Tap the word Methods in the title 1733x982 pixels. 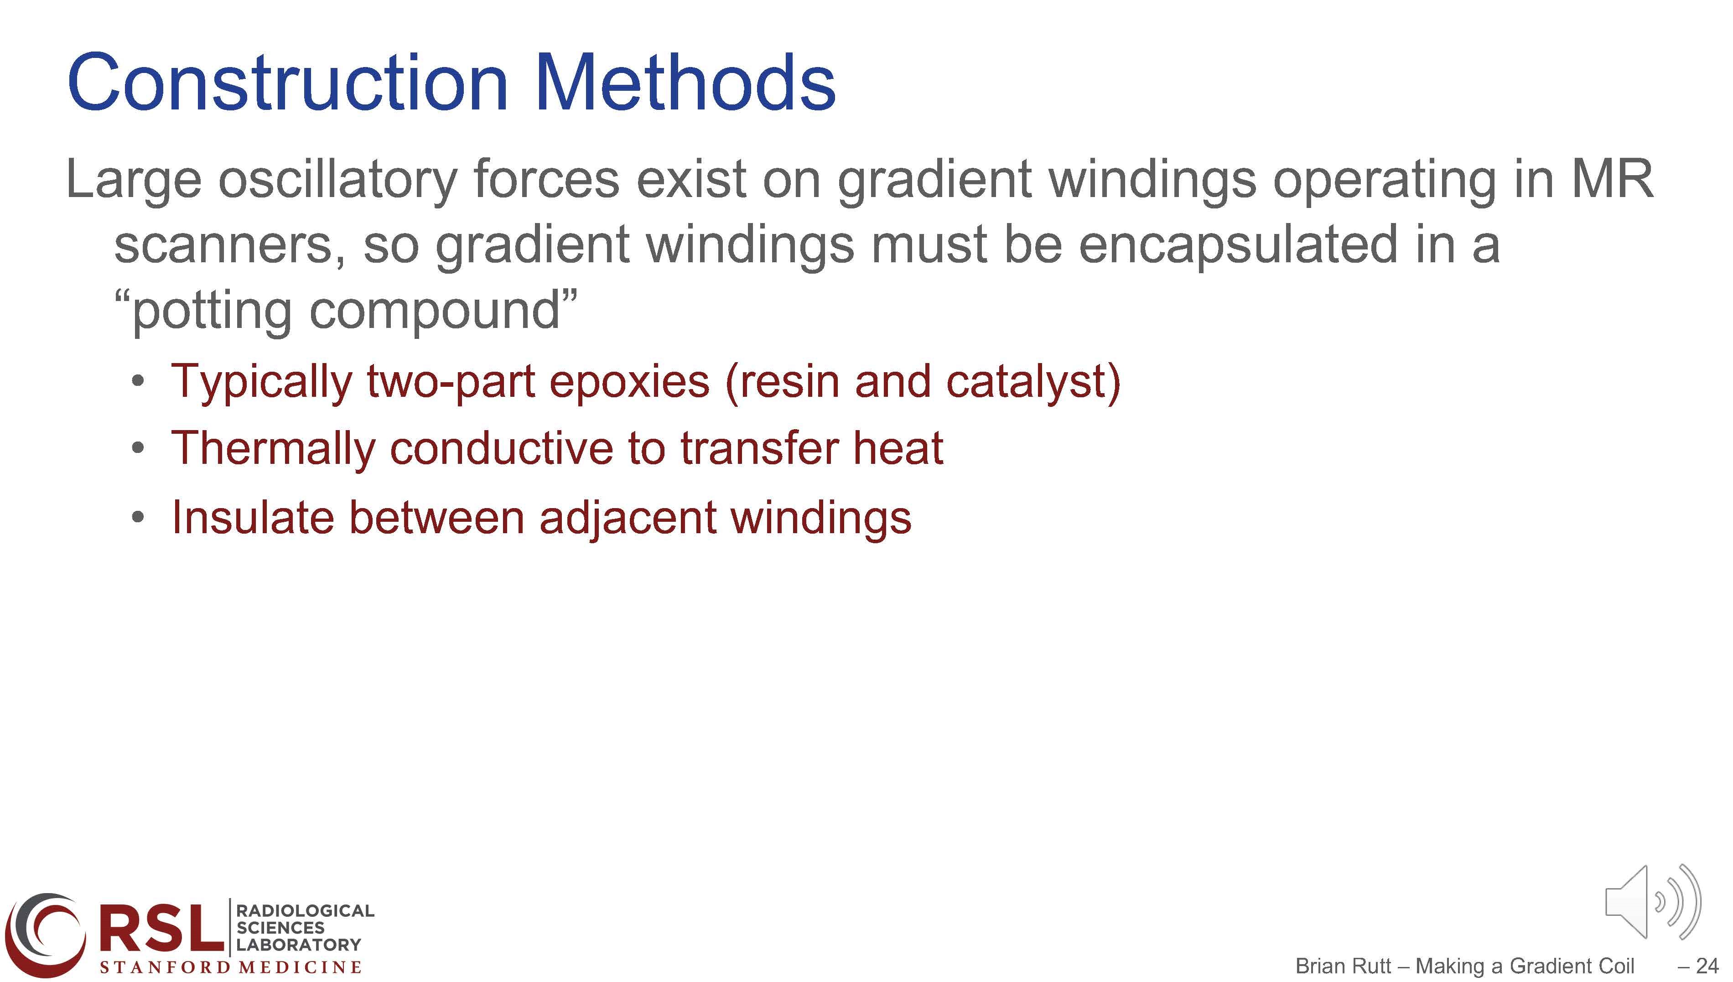pyautogui.click(x=685, y=83)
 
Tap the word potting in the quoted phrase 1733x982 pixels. pyautogui.click(x=213, y=311)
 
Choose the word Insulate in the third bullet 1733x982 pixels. pyautogui.click(x=253, y=517)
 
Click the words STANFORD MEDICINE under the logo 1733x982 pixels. pyautogui.click(x=231, y=967)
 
